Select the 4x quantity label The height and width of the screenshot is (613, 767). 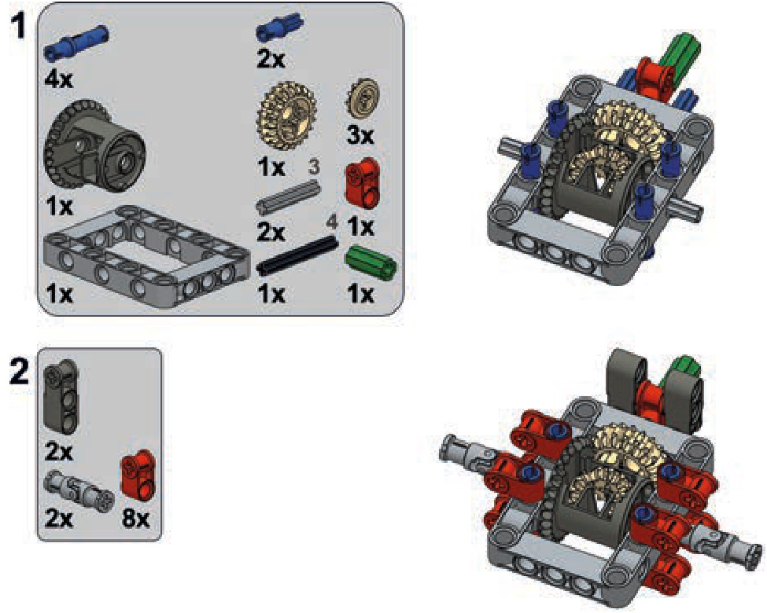[59, 79]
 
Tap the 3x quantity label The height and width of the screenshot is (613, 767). [360, 134]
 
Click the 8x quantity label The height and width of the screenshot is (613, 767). [135, 517]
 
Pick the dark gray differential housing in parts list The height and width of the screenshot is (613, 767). [95, 146]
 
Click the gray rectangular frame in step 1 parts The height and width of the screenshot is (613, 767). [147, 255]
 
